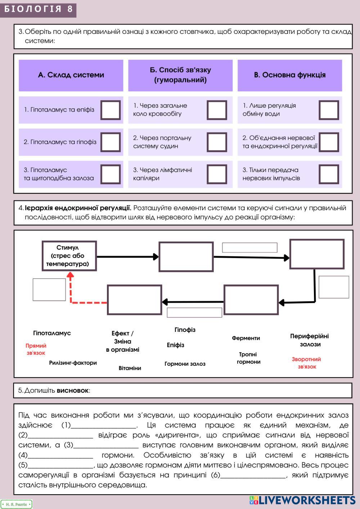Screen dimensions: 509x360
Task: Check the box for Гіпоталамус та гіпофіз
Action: (111, 142)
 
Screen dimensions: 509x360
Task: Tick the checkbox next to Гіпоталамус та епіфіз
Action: (111, 110)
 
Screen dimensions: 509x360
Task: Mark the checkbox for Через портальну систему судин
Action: (217, 142)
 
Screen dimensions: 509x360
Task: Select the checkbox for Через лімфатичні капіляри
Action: (217, 174)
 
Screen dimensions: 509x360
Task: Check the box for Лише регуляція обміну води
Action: (329, 110)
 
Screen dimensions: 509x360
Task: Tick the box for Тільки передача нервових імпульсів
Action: (329, 174)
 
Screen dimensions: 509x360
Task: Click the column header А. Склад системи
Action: (71, 75)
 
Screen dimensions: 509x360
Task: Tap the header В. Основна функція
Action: (289, 75)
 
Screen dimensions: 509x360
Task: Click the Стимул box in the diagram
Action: (69, 256)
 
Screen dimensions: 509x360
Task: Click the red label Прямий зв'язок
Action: (36, 349)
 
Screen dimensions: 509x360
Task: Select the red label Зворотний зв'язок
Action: (306, 363)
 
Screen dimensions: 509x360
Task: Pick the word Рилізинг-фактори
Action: (73, 363)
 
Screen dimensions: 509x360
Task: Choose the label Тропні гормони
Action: (248, 358)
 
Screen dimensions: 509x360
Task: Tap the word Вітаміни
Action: (130, 368)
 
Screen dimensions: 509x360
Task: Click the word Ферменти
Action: (246, 338)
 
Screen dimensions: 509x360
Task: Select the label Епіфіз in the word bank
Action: (175, 345)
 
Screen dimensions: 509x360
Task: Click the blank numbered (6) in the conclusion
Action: (253, 475)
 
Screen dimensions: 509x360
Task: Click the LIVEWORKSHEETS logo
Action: (302, 500)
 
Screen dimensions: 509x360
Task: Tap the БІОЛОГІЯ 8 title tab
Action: (38, 9)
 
